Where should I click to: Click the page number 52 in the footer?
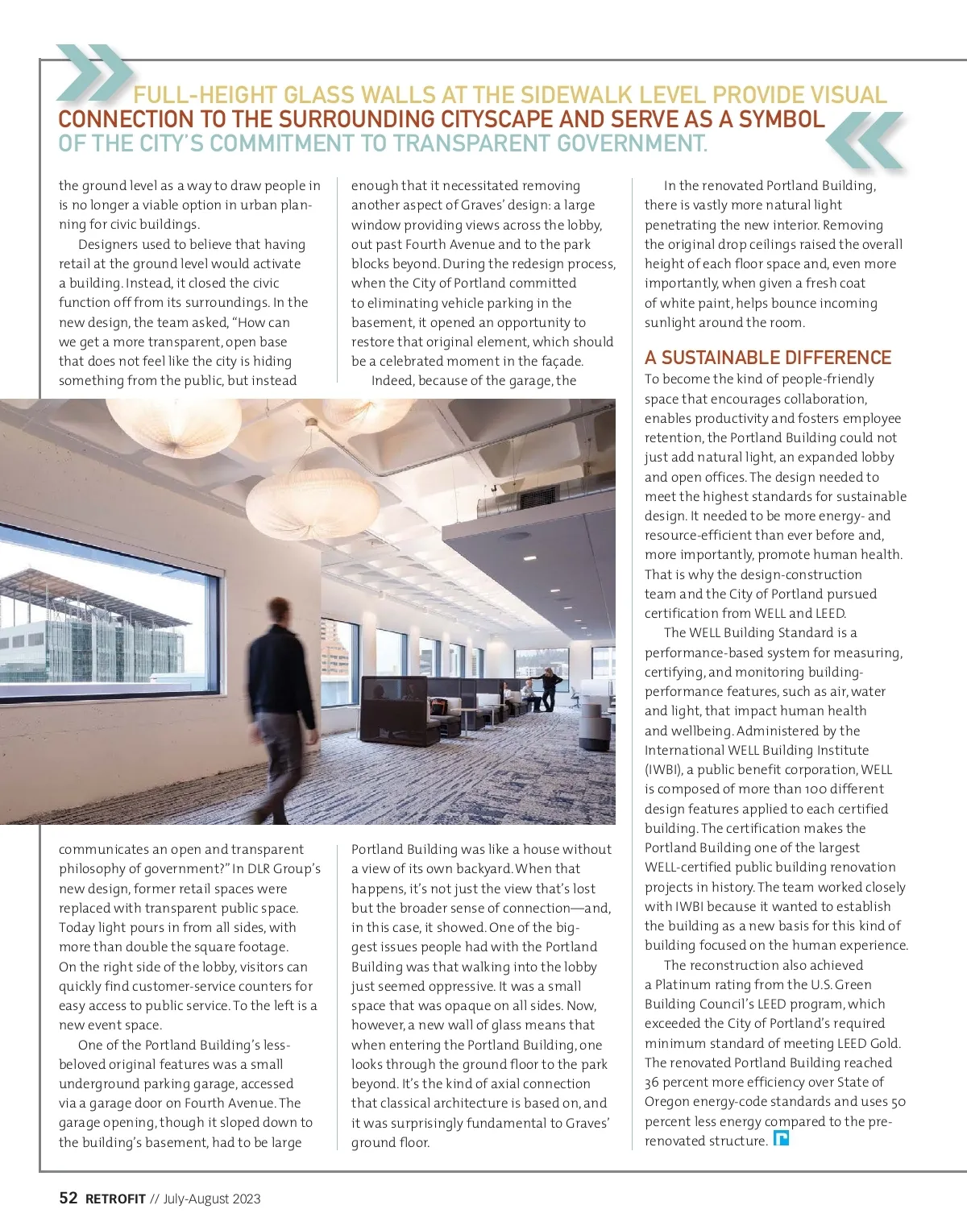68,1198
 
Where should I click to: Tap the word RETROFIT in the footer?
115,1199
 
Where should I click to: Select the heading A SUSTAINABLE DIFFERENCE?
767,358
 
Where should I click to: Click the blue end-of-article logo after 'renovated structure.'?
781,1139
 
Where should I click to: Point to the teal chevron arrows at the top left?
93,71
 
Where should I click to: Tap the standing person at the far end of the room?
551,690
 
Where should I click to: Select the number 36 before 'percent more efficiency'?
653,1082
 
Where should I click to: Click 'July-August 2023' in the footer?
211,1199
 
